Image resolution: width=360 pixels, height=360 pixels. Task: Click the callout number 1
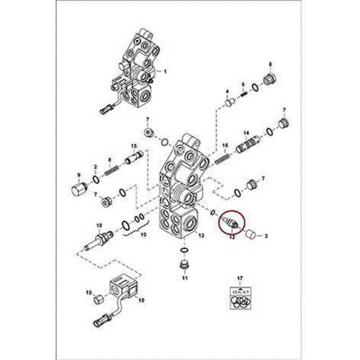pos(165,72)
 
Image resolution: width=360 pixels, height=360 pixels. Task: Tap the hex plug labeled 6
pos(269,80)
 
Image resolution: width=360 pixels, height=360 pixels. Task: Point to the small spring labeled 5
pos(244,94)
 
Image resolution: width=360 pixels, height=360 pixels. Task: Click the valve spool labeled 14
pos(248,145)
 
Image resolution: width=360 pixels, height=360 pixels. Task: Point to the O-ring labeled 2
pos(96,179)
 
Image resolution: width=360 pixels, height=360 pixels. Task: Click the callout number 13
pos(201,235)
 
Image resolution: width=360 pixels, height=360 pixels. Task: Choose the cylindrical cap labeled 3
pos(250,235)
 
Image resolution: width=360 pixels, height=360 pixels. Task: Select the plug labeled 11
pos(184,265)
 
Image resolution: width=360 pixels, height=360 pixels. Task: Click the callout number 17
pos(240,278)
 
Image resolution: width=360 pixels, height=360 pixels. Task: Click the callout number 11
pos(184,278)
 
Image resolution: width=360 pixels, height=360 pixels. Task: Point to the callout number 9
pos(79,175)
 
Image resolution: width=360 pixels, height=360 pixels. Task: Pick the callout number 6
pos(271,65)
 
